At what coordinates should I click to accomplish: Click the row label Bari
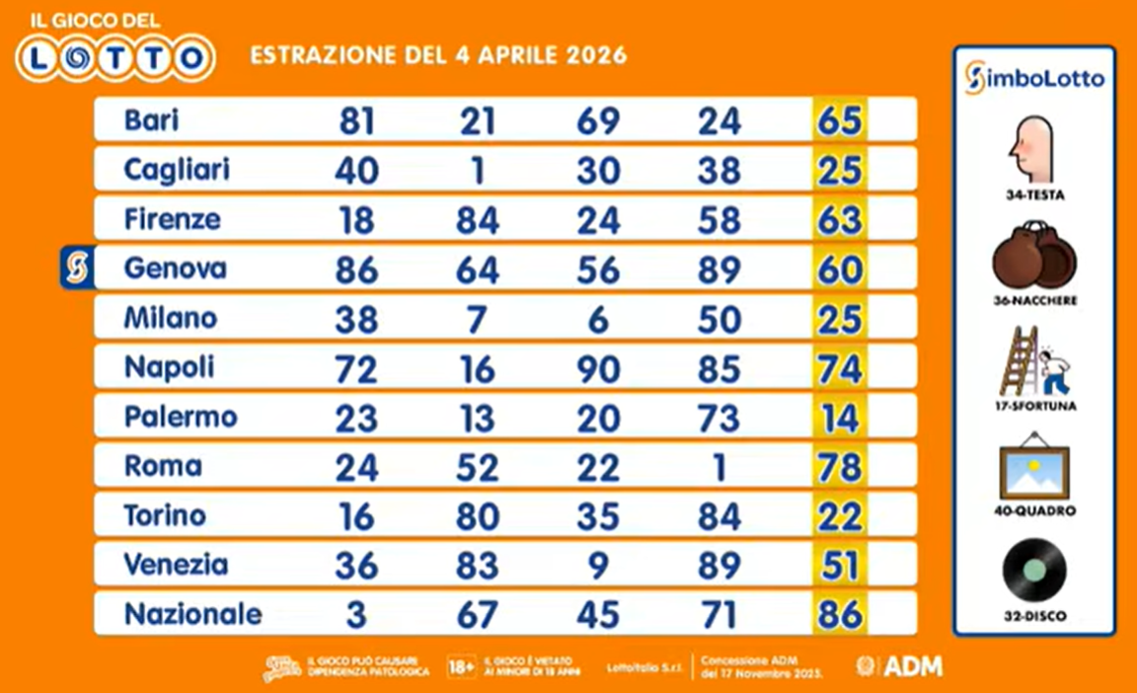pyautogui.click(x=151, y=120)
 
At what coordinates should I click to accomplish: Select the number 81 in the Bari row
pyautogui.click(x=356, y=121)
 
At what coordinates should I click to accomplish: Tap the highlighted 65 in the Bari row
pyautogui.click(x=839, y=121)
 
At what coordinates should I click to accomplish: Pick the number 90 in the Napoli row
pyautogui.click(x=598, y=368)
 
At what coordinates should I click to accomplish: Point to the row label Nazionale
pyautogui.click(x=192, y=614)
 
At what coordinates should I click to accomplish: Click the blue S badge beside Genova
pyautogui.click(x=77, y=269)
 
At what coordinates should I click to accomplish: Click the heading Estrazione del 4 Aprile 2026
pyautogui.click(x=438, y=54)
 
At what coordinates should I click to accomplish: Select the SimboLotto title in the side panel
pyautogui.click(x=1033, y=79)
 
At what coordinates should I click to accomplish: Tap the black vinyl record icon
pyautogui.click(x=1033, y=572)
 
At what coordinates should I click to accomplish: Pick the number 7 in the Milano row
pyautogui.click(x=477, y=319)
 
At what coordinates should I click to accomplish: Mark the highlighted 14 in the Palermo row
pyautogui.click(x=839, y=418)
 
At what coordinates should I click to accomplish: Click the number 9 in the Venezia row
pyautogui.click(x=598, y=565)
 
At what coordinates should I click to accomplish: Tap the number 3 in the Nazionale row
pyautogui.click(x=356, y=614)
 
